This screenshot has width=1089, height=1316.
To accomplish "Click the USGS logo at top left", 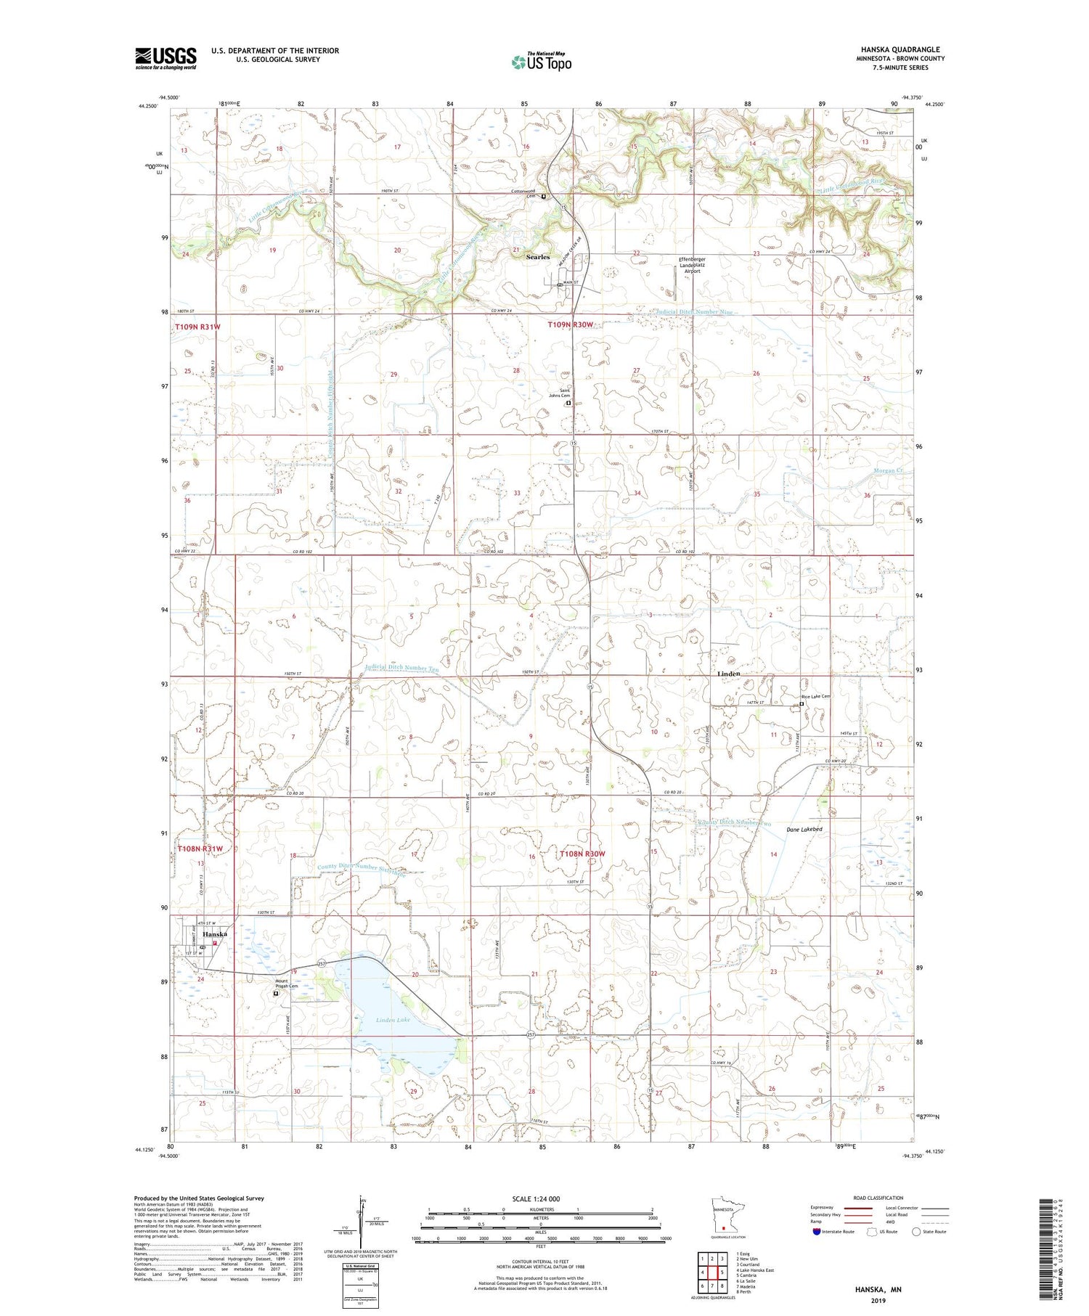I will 166,58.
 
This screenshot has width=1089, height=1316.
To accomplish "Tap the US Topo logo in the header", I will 541,62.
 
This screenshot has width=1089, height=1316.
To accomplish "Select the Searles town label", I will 538,257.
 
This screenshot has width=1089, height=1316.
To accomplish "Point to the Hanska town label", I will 215,934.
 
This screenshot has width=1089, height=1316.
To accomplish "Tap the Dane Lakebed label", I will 804,829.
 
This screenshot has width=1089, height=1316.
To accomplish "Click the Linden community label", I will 728,674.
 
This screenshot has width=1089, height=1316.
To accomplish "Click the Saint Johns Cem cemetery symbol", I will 568,403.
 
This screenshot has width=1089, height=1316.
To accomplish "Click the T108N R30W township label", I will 582,854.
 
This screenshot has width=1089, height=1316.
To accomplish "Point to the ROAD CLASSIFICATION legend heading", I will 878,1198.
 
